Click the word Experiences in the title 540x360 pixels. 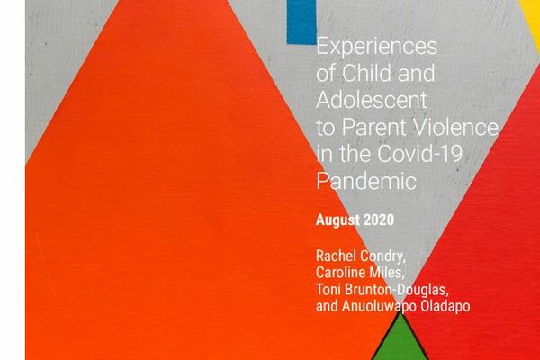(x=377, y=47)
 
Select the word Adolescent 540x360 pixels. (x=372, y=100)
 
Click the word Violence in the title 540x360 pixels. (x=454, y=127)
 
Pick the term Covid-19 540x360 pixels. (x=419, y=154)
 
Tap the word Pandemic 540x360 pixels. (x=366, y=181)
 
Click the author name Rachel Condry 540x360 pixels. (x=361, y=256)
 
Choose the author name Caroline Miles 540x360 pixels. (x=359, y=273)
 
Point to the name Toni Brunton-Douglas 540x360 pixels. (x=382, y=290)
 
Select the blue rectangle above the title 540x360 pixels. (x=301, y=22)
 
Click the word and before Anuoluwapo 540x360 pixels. (x=327, y=306)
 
